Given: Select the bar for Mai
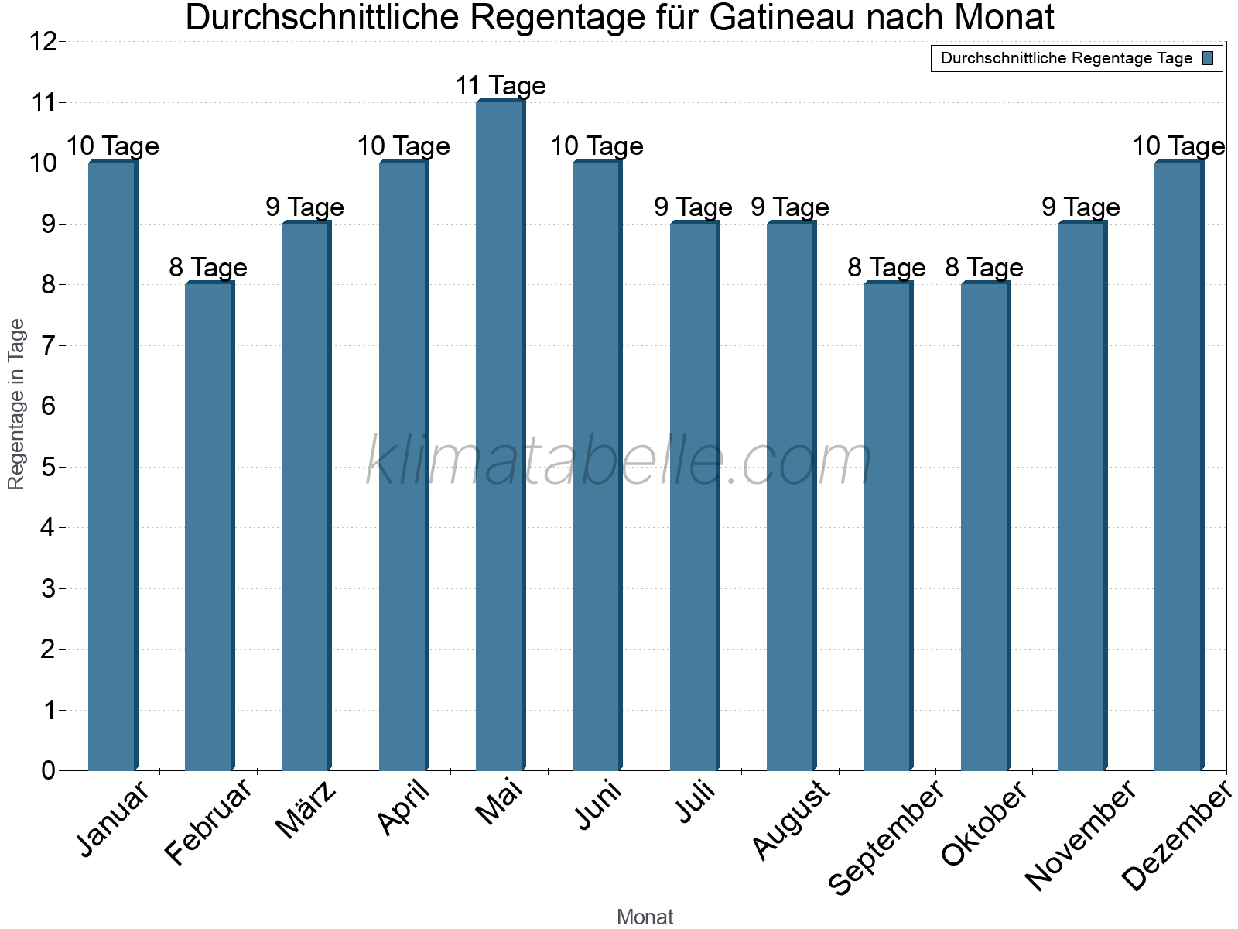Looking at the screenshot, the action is point(501,435).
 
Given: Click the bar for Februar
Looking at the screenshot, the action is point(210,526).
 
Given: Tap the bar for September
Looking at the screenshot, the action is point(888,526).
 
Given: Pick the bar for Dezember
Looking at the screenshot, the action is point(1179,465).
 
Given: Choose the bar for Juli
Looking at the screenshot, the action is point(695,495).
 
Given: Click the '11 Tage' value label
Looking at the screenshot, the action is point(501,86).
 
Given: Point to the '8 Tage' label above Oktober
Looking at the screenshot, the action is point(984,267).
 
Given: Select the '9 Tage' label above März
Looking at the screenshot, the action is point(305,207).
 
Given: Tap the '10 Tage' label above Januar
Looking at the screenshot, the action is point(113,146).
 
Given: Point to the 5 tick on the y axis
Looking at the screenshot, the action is point(49,467).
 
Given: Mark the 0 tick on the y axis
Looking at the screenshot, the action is point(49,770).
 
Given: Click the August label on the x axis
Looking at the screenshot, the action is point(792,820).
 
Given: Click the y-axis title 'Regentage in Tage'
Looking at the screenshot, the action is point(15,404).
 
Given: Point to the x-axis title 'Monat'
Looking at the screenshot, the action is point(645,917).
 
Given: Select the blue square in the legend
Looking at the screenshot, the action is point(1208,58).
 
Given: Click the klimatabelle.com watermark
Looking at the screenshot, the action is point(619,460).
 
